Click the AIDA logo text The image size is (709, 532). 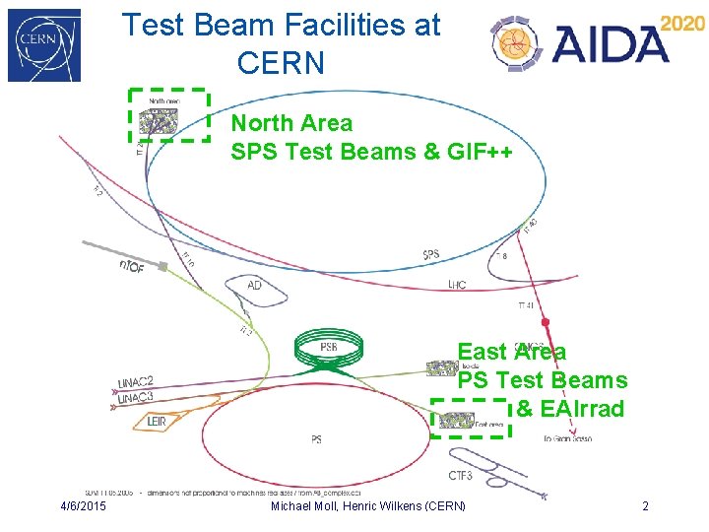pyautogui.click(x=610, y=44)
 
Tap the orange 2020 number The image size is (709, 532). pyautogui.click(x=681, y=24)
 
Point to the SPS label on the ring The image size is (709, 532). pyautogui.click(x=431, y=255)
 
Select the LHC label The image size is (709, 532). pyautogui.click(x=456, y=285)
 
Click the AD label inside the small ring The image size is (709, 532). pyautogui.click(x=254, y=285)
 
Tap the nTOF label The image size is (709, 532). pyautogui.click(x=131, y=266)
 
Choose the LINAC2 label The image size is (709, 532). pyautogui.click(x=135, y=382)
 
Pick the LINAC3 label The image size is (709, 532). pyautogui.click(x=135, y=397)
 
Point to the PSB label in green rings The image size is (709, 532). pyautogui.click(x=329, y=347)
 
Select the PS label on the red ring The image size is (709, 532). pyautogui.click(x=316, y=439)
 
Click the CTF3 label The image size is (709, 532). pyautogui.click(x=460, y=476)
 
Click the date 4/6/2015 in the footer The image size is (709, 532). pyautogui.click(x=84, y=506)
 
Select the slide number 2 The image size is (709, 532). pyautogui.click(x=645, y=506)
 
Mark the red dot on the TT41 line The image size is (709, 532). pyautogui.click(x=545, y=322)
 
